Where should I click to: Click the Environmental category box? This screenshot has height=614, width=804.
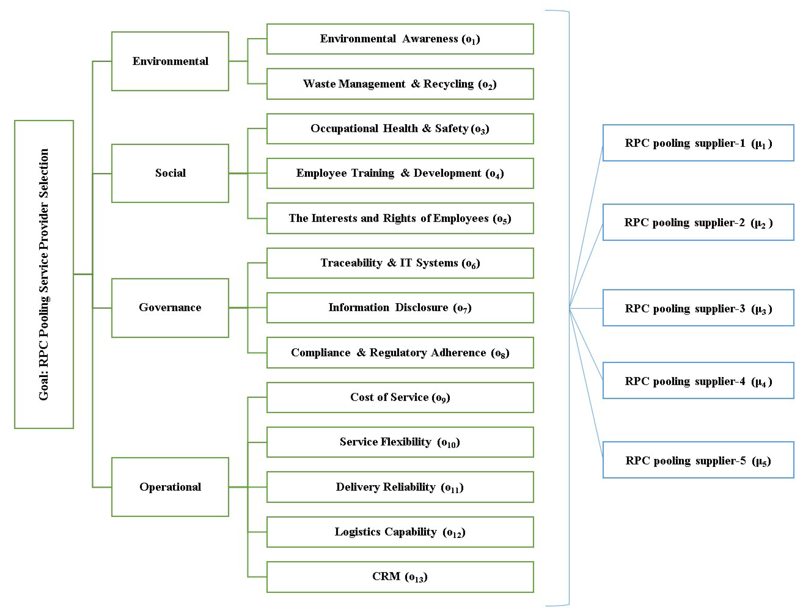point(170,61)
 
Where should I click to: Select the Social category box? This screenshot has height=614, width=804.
point(170,173)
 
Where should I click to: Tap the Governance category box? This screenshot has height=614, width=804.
point(170,308)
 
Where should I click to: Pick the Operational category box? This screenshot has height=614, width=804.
point(170,487)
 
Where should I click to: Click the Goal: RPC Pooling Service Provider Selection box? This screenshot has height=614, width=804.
point(44,274)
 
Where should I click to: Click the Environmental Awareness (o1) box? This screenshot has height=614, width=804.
point(400,39)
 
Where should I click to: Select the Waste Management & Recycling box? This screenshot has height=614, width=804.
point(400,84)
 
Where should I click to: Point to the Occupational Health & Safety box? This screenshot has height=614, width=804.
point(400,129)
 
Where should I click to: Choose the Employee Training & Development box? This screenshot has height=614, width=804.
point(400,173)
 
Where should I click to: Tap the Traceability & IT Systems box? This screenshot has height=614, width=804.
point(400,263)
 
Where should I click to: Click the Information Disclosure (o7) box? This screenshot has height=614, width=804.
point(400,308)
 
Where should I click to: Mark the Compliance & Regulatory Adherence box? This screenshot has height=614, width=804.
point(400,353)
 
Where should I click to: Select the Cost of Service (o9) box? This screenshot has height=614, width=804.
point(400,398)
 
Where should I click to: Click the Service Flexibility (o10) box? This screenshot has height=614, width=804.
point(400,442)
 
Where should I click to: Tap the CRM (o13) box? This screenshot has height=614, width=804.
point(400,577)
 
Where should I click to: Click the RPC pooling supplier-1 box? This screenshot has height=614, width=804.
point(698,143)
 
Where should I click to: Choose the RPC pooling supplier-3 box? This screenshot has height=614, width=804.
point(698,308)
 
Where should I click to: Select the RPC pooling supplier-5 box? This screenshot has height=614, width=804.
point(698,460)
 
